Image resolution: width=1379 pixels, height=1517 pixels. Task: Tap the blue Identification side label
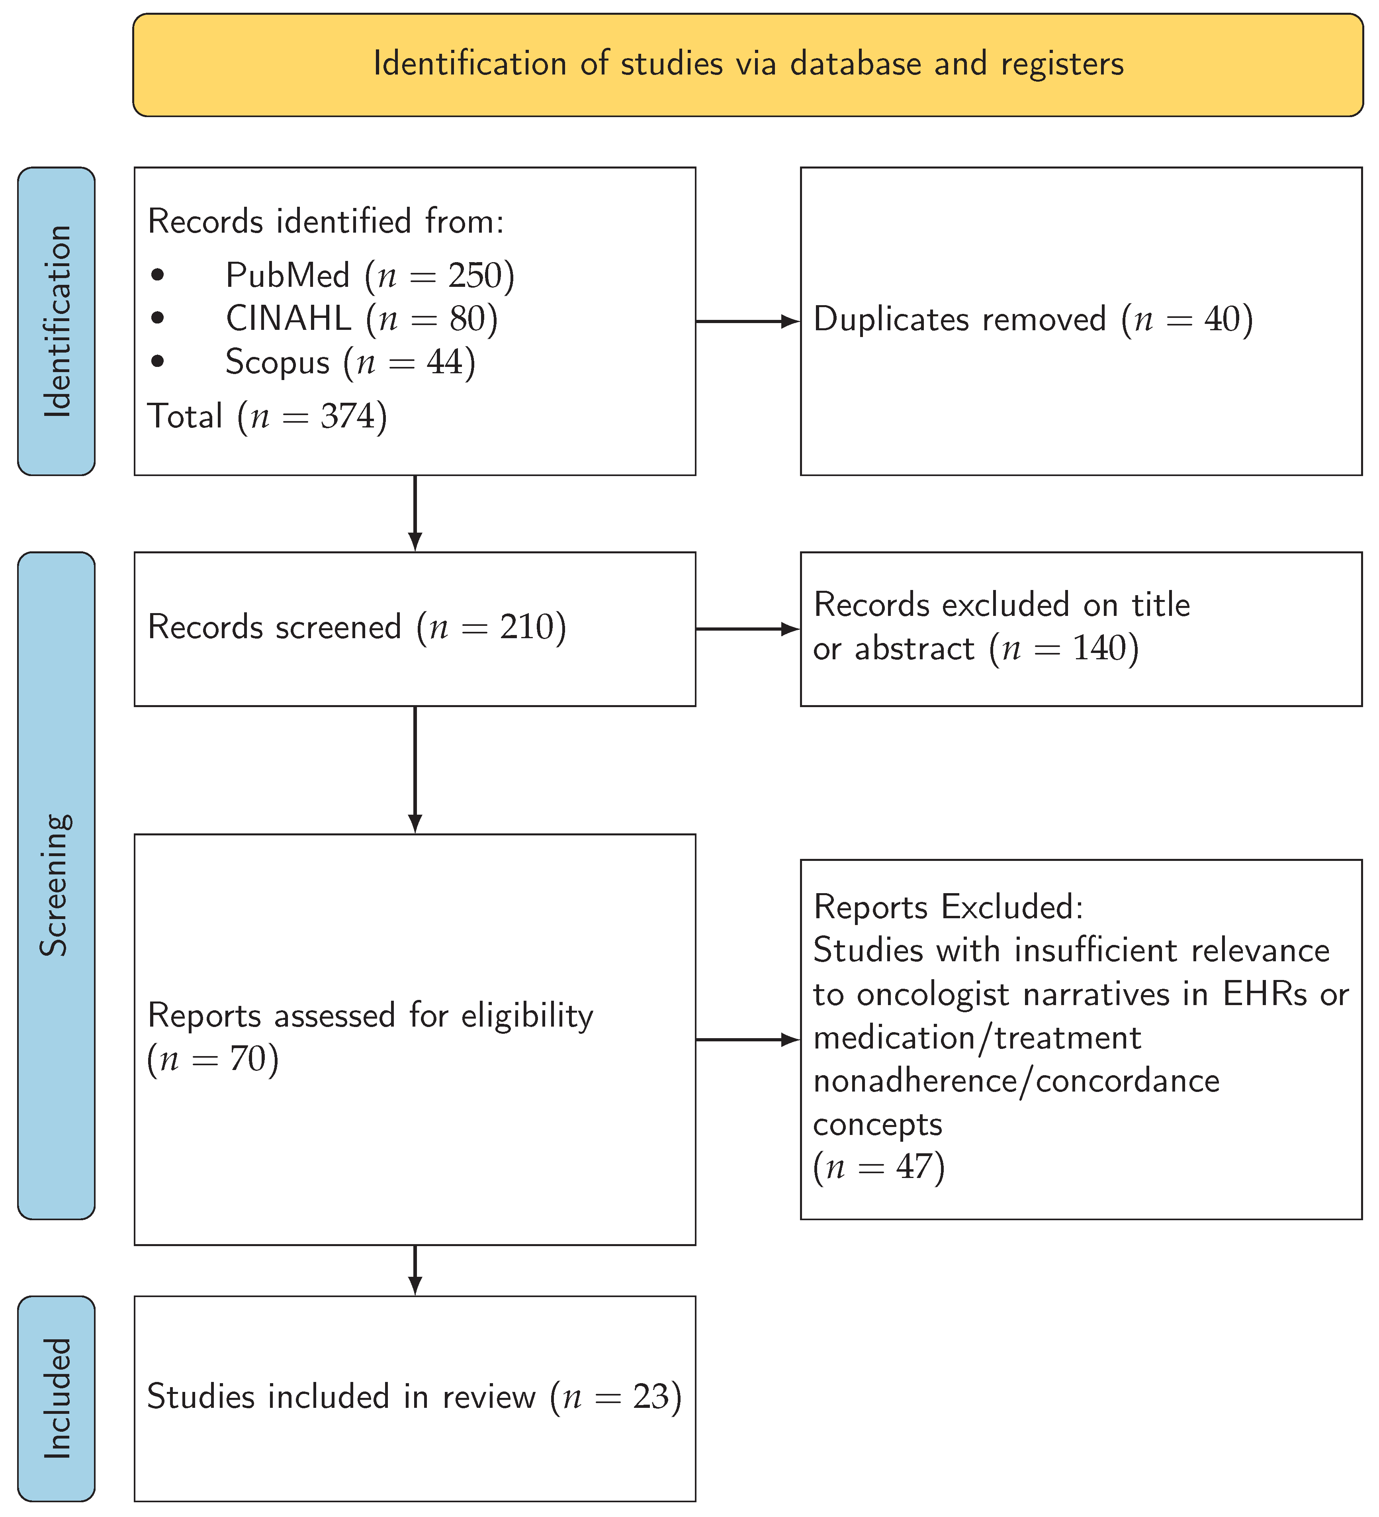click(57, 321)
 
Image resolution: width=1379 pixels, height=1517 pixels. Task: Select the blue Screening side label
click(57, 885)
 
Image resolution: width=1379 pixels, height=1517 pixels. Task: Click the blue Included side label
click(57, 1398)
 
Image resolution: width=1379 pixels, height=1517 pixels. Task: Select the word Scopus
click(278, 363)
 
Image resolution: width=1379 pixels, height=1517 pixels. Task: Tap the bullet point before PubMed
click(157, 275)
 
